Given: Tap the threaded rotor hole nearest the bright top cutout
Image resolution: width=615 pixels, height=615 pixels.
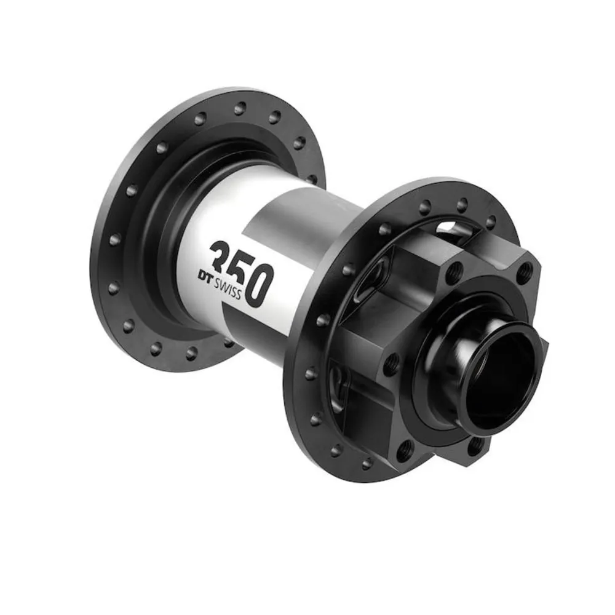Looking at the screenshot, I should (454, 271).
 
